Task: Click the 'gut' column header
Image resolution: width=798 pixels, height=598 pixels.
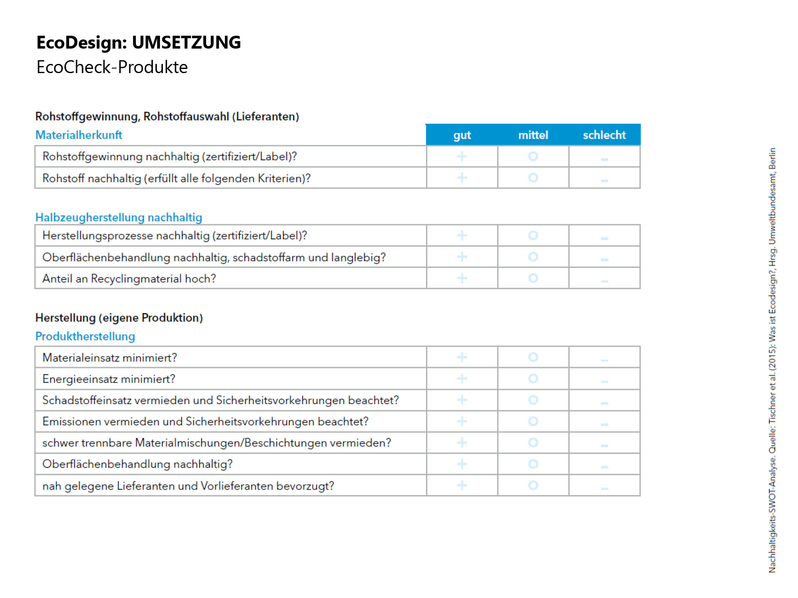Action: pos(462,135)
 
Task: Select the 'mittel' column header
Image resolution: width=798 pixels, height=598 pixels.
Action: pos(533,135)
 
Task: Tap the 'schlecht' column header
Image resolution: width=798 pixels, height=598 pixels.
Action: pos(604,135)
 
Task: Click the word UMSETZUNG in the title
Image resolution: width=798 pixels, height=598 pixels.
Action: pos(186,42)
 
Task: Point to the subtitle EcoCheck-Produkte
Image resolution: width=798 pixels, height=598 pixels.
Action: pos(112,67)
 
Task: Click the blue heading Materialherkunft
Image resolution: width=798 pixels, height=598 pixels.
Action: pos(79,135)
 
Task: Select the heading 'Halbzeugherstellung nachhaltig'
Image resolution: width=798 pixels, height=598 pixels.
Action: pos(119,217)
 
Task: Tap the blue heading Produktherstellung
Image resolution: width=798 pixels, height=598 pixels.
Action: pos(85,336)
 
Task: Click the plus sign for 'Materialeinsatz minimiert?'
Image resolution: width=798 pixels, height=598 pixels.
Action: pos(462,357)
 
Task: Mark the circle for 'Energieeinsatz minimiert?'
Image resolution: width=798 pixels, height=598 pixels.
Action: pos(533,378)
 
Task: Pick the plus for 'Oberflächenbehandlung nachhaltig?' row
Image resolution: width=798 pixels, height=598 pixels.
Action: pos(462,464)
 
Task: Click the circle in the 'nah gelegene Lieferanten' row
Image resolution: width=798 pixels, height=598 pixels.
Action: pos(533,485)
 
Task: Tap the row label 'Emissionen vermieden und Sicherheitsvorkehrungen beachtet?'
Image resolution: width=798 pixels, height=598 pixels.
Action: pos(205,422)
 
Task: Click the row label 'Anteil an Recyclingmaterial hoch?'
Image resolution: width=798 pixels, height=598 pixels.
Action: pos(129,279)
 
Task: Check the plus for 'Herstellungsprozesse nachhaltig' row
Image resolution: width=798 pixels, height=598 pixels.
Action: pos(462,235)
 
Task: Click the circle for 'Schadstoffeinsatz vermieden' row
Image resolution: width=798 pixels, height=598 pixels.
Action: pos(533,400)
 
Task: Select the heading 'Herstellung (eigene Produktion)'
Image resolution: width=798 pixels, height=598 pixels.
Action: pos(119,318)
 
